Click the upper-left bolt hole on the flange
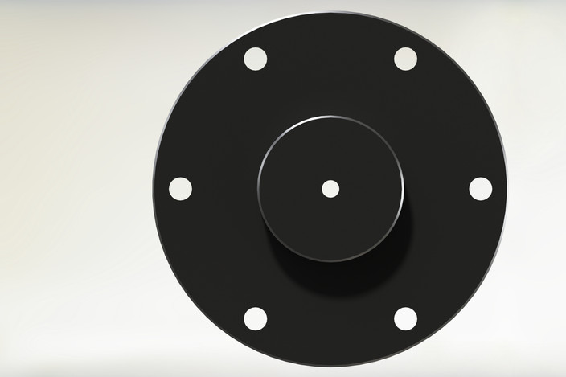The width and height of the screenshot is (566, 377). pos(255,59)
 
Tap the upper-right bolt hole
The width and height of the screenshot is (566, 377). pos(405,59)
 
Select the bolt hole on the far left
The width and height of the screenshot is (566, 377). pos(180,189)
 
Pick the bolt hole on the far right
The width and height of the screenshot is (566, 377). pos(480,189)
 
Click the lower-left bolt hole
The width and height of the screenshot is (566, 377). pos(255,318)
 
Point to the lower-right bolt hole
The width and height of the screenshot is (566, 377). pos(405,318)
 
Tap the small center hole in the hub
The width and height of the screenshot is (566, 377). pos(330,189)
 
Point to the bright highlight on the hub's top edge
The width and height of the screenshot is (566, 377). pos(330,117)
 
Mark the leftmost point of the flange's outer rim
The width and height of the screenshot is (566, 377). pos(153,190)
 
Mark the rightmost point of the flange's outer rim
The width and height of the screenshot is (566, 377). pos(507,190)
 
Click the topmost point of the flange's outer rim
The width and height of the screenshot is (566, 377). pos(330,13)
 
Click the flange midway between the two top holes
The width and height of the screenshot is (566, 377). pos(330,59)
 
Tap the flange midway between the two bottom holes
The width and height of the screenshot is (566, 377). pos(330,318)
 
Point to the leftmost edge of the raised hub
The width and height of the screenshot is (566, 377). pos(259,189)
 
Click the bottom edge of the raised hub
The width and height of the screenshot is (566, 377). pos(330,260)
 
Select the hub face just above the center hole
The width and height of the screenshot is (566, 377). pos(330,157)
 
